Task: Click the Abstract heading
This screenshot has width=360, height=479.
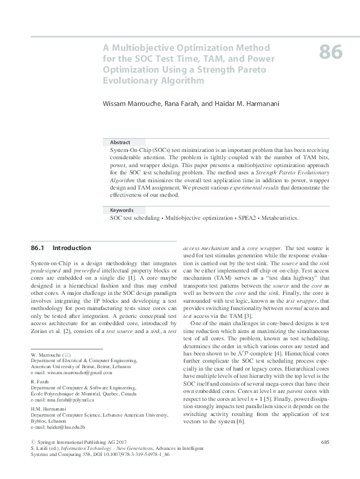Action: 120,142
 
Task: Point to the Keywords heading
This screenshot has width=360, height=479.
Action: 122,210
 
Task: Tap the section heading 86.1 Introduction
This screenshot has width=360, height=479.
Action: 61,248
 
